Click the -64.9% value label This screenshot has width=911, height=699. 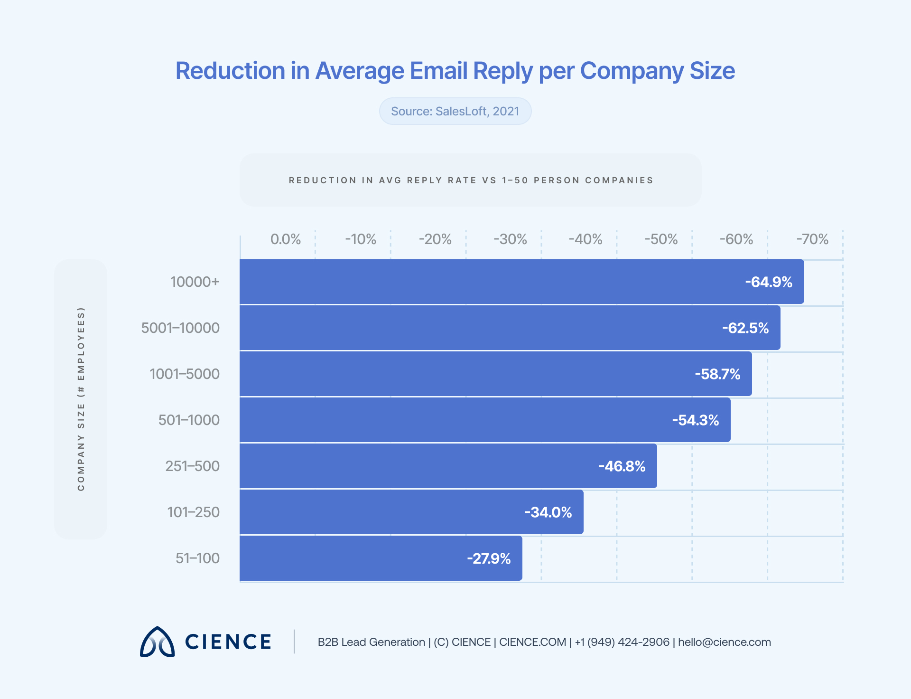coord(768,282)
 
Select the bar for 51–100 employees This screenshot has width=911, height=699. coord(381,558)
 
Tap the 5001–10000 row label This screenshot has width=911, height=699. coord(180,328)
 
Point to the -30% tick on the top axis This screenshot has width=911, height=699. coord(510,239)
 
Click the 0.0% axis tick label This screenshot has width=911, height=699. coord(285,239)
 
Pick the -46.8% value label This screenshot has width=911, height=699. coord(622,466)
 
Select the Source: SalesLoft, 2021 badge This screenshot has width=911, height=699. coord(455,111)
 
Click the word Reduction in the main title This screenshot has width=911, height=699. coord(230,71)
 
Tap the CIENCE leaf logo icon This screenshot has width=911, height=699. coord(157,642)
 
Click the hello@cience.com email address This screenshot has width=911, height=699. coord(724,642)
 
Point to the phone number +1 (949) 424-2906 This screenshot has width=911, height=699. coord(622,642)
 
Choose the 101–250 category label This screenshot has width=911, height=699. coord(193,512)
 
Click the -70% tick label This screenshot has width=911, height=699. coord(812,239)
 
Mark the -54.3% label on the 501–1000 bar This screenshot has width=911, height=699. coord(695,420)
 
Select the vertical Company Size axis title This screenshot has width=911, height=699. coord(81,399)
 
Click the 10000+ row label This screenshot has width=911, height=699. coord(195,282)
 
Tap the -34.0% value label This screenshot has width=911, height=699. coord(548,512)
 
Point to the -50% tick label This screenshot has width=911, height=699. coord(660,239)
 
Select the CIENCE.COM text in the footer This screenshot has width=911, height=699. coord(532,642)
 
